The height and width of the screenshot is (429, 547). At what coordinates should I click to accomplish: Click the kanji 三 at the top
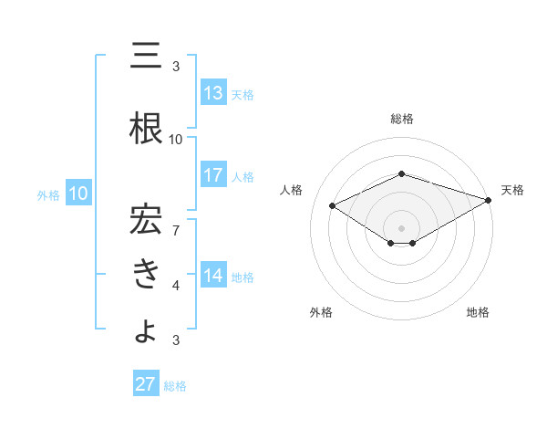pos(147,58)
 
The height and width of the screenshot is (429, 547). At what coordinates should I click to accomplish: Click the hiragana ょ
pos(147,330)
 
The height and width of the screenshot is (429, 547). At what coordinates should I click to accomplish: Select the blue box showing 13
pos(213,93)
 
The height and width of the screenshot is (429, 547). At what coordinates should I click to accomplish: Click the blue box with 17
pos(213,175)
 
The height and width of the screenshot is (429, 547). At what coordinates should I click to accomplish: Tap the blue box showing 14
pos(213,276)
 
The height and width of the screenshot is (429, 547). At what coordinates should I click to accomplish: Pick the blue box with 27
pos(146,384)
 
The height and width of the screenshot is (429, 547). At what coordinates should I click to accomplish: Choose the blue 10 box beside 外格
pos(78,194)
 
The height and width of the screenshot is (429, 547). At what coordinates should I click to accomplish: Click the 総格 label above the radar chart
pos(401,119)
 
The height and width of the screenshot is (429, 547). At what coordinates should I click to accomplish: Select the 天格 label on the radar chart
pos(512,190)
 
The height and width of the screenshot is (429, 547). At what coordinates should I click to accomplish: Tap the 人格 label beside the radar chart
pos(291,190)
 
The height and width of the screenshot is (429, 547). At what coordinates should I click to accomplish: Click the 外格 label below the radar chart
pos(321,312)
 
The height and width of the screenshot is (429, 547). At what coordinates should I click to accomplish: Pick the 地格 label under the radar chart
pos(478,312)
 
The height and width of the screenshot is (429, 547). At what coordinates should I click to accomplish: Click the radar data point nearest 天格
pos(489,199)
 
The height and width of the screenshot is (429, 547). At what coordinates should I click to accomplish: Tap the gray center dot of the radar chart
pos(401,227)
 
